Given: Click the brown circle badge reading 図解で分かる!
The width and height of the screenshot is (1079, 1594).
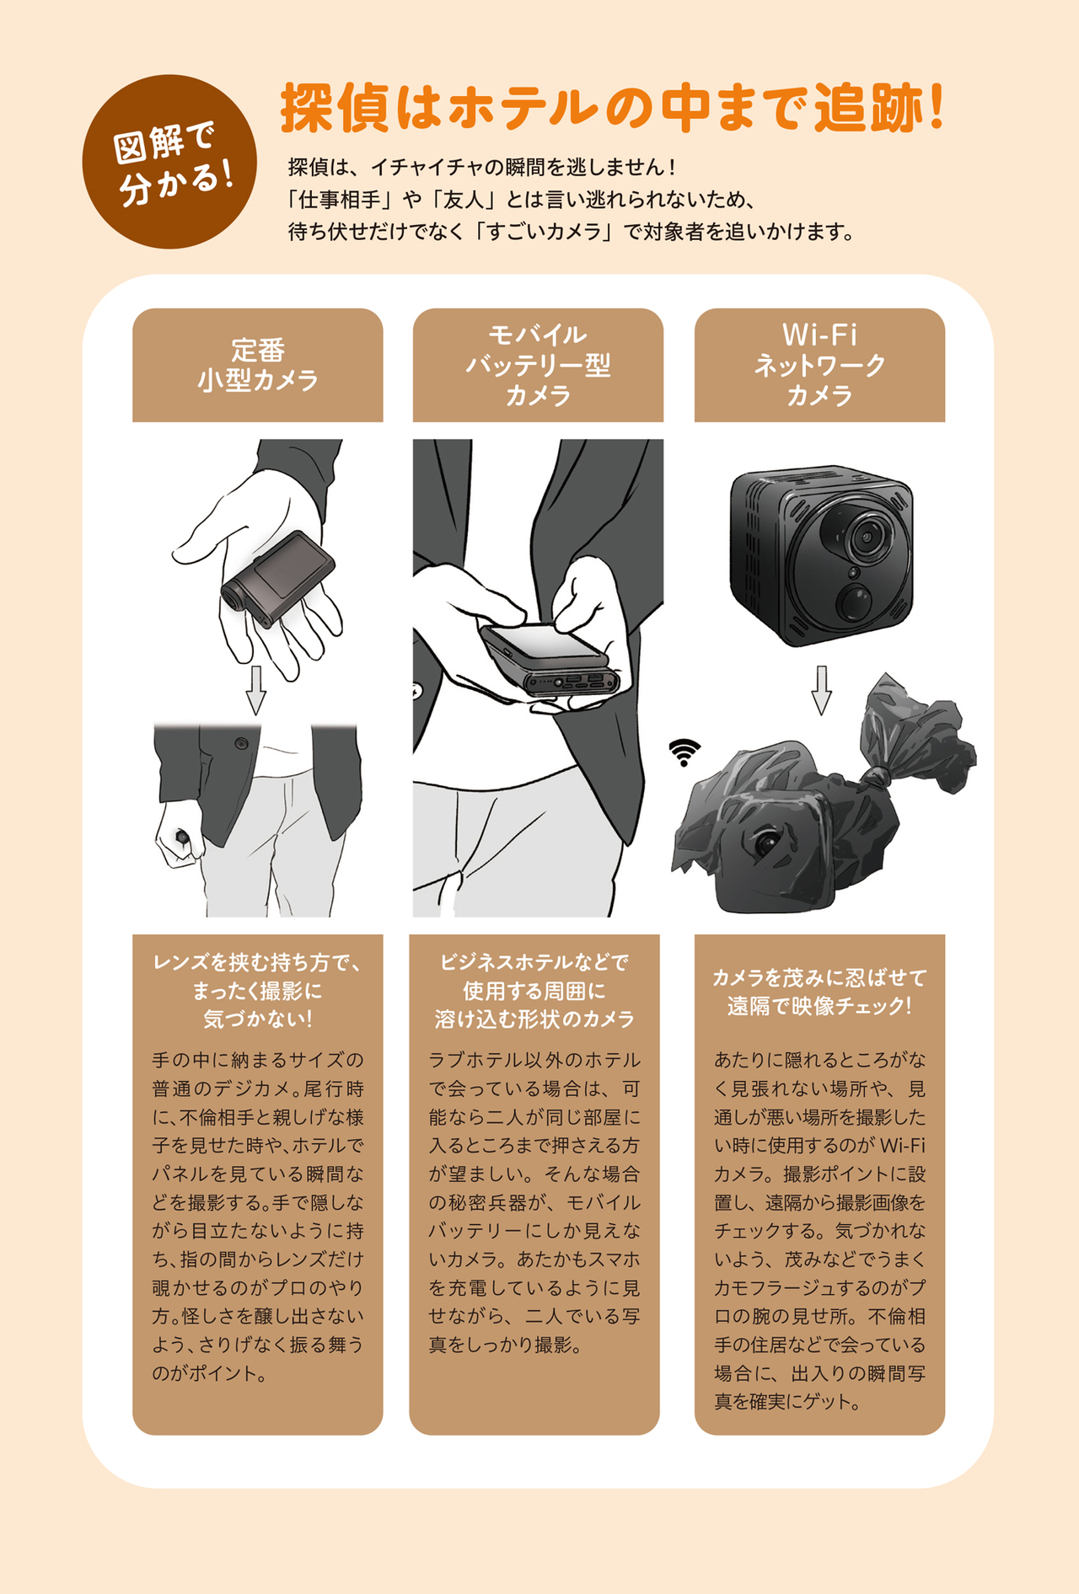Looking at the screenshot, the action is [169, 162].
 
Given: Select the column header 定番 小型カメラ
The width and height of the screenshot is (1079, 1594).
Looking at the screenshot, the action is [258, 365].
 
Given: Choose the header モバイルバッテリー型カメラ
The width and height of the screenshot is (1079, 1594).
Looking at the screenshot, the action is [538, 365].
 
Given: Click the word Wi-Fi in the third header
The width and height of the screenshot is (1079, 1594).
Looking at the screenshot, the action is [819, 335].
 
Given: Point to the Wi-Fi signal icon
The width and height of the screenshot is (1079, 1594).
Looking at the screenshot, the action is [684, 752].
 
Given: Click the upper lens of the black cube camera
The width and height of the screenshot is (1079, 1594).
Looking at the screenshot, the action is [865, 535].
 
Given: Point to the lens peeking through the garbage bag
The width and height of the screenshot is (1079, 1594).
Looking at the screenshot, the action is [768, 842].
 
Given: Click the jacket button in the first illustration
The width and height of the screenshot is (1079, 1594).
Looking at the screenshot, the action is [241, 743].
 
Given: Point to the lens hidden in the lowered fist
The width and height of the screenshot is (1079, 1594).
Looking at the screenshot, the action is [181, 837].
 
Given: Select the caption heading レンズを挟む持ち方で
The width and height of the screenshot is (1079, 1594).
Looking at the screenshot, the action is [257, 962].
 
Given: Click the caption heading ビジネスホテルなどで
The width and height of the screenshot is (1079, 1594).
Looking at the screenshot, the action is [534, 962].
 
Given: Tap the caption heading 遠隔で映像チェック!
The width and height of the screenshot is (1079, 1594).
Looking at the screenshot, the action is [819, 1006].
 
